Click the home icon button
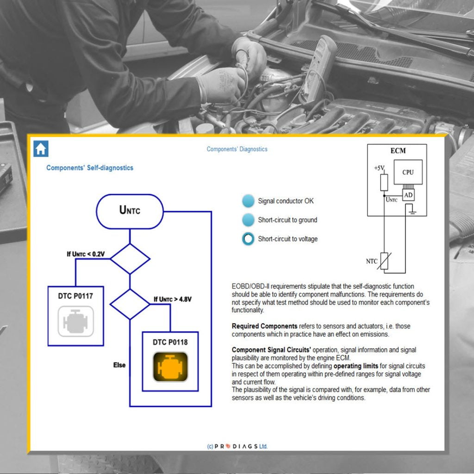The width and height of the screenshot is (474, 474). pyautogui.click(x=41, y=149)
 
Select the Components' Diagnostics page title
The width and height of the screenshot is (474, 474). pyautogui.click(x=237, y=149)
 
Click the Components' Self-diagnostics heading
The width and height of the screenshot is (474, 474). pyautogui.click(x=89, y=168)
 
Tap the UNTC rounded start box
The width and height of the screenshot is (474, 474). pyautogui.click(x=130, y=211)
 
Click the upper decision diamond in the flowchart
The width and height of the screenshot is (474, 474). pyautogui.click(x=130, y=259)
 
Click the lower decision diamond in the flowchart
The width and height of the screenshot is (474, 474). pyautogui.click(x=130, y=304)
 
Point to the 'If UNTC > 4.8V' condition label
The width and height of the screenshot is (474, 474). pyautogui.click(x=172, y=299)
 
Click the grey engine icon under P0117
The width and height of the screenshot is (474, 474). pyautogui.click(x=75, y=321)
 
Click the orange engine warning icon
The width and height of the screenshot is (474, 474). pyautogui.click(x=170, y=367)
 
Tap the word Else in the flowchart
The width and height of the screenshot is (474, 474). pyautogui.click(x=119, y=365)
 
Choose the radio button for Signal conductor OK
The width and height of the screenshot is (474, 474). pyautogui.click(x=249, y=201)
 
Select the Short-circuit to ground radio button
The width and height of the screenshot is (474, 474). pyautogui.click(x=249, y=220)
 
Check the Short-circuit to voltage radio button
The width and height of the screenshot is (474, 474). pyautogui.click(x=249, y=239)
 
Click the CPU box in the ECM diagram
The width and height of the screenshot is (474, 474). pyautogui.click(x=408, y=173)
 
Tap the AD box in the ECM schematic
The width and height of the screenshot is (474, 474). pyautogui.click(x=408, y=195)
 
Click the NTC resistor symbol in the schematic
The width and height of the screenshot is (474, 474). pyautogui.click(x=384, y=261)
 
